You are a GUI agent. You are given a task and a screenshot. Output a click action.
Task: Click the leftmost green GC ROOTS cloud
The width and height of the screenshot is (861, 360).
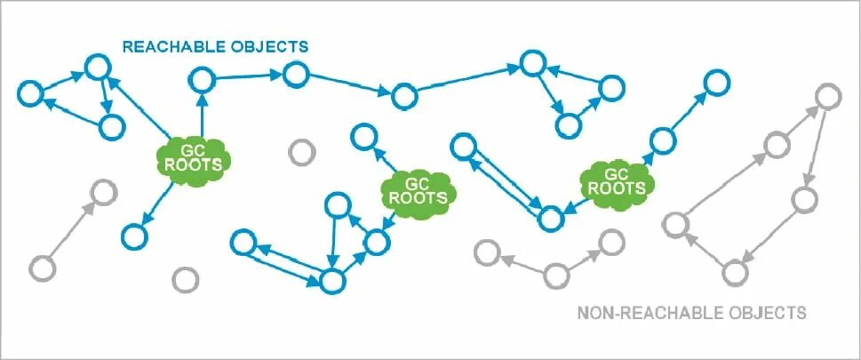[x=194, y=159]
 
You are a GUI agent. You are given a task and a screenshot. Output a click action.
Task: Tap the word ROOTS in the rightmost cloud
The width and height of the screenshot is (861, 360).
[x=616, y=188]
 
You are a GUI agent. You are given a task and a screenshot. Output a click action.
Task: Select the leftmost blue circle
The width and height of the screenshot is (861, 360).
[x=29, y=92]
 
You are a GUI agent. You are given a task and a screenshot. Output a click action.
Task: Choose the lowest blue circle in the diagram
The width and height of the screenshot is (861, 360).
[x=331, y=281]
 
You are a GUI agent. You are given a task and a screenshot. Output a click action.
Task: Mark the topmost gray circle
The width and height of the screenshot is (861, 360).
[x=828, y=93]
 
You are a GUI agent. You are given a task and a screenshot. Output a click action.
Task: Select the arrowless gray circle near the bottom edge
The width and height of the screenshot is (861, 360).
[x=185, y=280]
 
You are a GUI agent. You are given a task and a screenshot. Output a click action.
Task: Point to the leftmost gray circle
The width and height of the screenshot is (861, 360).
[x=42, y=266]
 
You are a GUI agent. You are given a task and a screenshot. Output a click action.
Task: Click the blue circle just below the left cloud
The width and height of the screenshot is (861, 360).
[x=134, y=236]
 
